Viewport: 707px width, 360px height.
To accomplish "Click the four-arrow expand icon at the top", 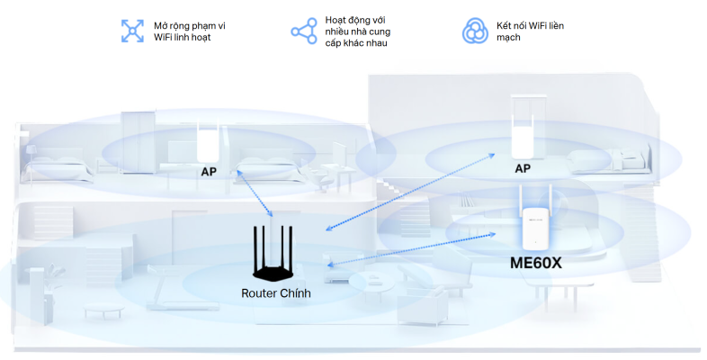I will pos(133,31).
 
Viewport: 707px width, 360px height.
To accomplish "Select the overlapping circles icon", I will pos(474,31).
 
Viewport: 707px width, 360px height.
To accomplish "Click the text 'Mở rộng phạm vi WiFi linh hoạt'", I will pos(189,31).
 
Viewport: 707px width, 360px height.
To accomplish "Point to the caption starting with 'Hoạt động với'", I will pos(357,31).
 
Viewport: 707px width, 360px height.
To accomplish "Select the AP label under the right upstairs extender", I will pos(522,168).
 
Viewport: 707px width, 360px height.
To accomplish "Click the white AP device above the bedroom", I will pos(210,141).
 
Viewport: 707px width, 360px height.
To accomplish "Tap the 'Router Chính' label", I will pos(275,293).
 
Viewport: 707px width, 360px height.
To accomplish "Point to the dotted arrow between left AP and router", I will pos(256,193).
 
